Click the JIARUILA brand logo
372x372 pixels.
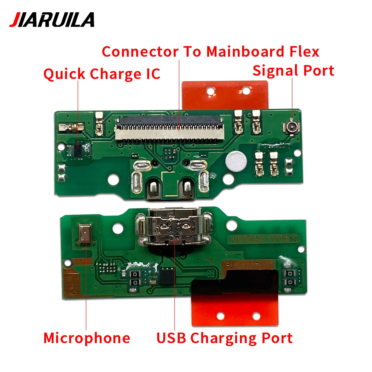tap(52, 19)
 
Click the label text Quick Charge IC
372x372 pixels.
tap(102, 74)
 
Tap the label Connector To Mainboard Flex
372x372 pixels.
tap(211, 51)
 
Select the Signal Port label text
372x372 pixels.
tap(293, 70)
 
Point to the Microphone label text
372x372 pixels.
tap(87, 338)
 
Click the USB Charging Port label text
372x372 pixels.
tap(224, 338)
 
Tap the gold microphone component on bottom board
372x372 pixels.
tap(85, 234)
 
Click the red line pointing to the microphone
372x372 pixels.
tap(86, 290)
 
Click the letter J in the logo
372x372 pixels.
tap(14, 20)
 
